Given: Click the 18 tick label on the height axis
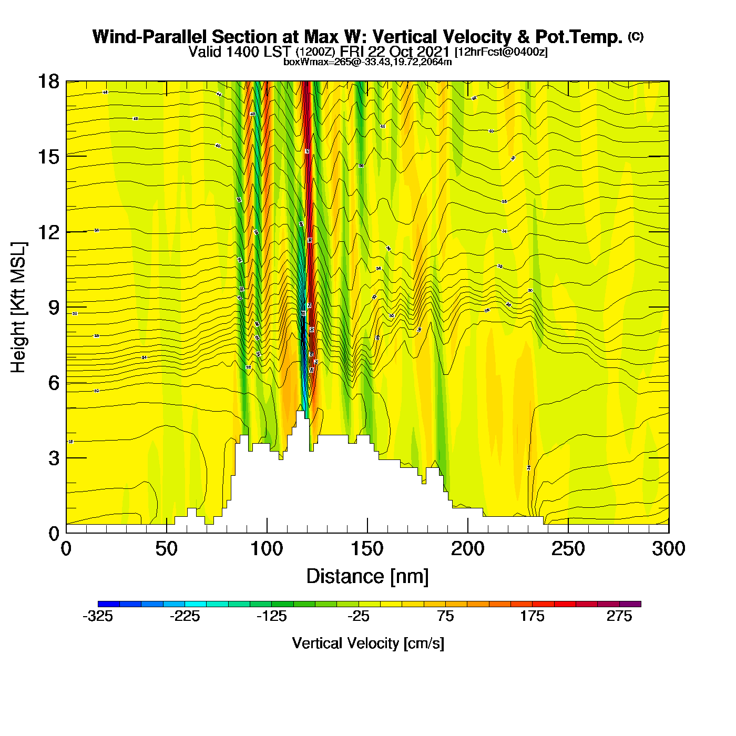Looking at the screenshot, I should click(x=47, y=81).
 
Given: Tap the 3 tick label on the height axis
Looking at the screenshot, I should click(x=54, y=458).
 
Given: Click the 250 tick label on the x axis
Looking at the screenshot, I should click(x=568, y=549).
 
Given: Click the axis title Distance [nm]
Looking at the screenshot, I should click(x=367, y=576).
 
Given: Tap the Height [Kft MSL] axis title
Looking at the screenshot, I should click(x=18, y=308).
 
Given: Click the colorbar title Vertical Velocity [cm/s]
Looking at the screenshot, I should click(x=368, y=643).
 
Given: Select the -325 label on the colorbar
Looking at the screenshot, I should click(x=98, y=616).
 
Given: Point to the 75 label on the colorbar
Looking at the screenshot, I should click(x=445, y=616).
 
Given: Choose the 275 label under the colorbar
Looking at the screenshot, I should click(x=619, y=616).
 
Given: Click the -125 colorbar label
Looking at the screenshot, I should click(x=272, y=616).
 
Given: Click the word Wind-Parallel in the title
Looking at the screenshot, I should click(x=150, y=37).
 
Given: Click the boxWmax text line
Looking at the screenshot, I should click(x=367, y=62).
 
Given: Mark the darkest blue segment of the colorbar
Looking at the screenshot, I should click(x=109, y=604).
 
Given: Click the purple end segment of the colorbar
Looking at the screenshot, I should click(x=630, y=604).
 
